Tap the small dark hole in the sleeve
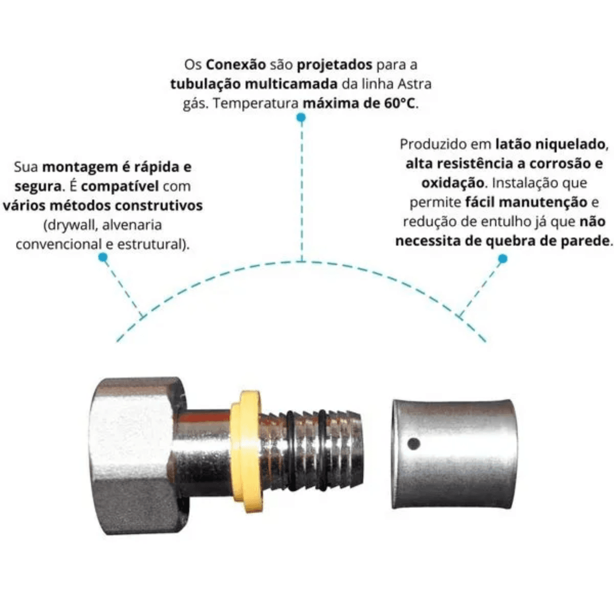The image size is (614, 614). tap(413, 444)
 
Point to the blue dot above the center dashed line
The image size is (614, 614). tap(301, 118)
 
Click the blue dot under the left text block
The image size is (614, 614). tap(103, 257)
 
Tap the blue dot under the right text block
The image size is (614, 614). tap(502, 258)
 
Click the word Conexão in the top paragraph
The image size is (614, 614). tap(236, 65)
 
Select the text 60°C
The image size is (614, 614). tap(400, 103)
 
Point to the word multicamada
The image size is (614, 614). tap(291, 84)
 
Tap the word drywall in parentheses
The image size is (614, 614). tap(72, 226)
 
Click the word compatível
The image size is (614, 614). tap(120, 187)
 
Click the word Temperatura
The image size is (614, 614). tap(256, 104)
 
